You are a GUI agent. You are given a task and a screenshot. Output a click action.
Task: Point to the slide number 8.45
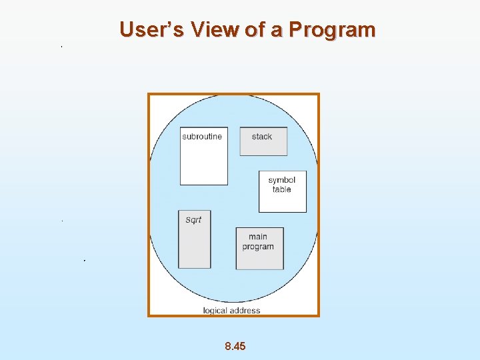[235, 346]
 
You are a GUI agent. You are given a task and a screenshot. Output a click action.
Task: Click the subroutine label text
[202, 137]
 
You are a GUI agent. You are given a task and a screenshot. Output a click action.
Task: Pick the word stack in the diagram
[262, 137]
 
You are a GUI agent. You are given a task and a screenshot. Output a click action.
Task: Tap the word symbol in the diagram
[282, 180]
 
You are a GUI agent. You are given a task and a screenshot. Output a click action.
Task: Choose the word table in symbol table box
[282, 189]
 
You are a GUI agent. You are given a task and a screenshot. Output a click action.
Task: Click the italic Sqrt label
[193, 220]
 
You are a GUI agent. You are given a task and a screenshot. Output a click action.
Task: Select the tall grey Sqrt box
[195, 247]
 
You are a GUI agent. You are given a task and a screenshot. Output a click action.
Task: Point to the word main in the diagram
[258, 237]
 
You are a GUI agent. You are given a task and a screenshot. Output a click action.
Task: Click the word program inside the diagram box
[258, 247]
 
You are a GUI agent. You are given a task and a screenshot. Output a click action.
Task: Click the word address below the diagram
[246, 310]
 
